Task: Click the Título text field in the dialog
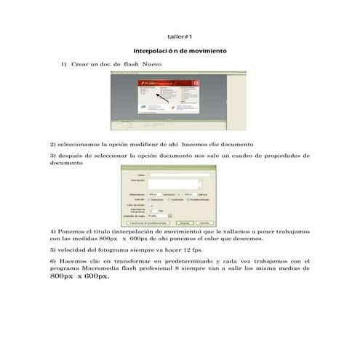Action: pos(179,175)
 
